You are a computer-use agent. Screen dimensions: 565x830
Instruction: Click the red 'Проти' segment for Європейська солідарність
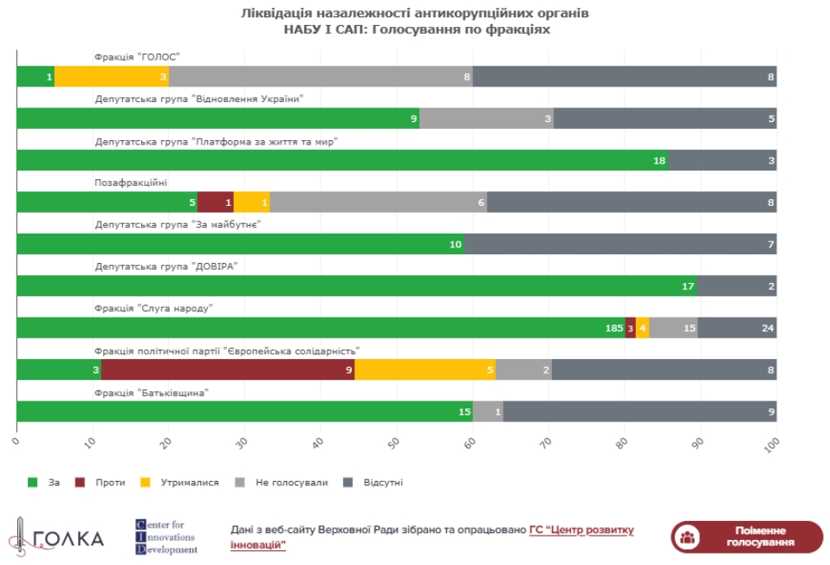(x=228, y=369)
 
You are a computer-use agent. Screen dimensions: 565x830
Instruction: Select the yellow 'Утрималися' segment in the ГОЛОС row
(x=112, y=77)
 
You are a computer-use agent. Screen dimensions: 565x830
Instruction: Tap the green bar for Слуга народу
(x=321, y=328)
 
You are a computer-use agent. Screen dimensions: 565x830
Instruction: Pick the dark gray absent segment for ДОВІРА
(x=736, y=286)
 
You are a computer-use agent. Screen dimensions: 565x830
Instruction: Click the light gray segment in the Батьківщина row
(x=488, y=412)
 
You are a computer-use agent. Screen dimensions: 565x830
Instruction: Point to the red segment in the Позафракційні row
(x=216, y=202)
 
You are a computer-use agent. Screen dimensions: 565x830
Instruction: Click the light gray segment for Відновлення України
(x=486, y=119)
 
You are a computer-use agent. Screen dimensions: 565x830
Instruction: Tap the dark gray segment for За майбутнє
(x=620, y=244)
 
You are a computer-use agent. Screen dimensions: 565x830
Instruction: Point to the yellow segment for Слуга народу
(x=642, y=328)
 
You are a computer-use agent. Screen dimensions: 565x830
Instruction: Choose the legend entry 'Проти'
(x=102, y=482)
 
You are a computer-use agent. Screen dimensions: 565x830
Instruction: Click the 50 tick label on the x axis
(x=395, y=444)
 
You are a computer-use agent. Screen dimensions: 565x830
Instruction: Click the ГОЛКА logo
(x=56, y=537)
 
